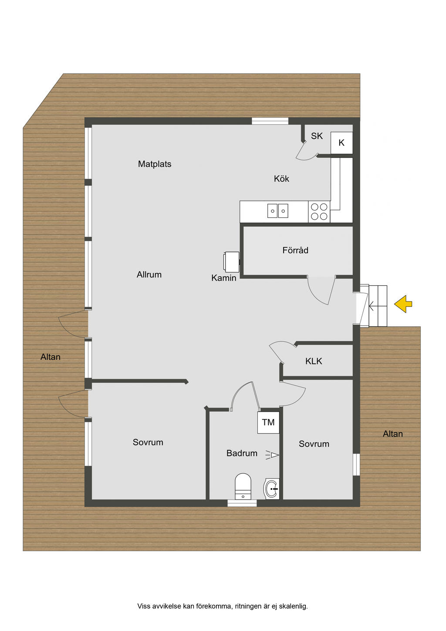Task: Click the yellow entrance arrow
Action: click(x=403, y=304)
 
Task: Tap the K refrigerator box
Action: click(x=341, y=143)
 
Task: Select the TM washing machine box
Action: click(x=268, y=422)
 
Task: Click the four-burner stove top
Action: click(x=319, y=211)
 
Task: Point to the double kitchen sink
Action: click(x=277, y=211)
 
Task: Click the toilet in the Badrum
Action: click(x=243, y=486)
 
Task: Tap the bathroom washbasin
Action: click(x=271, y=489)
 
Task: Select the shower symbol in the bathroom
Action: click(x=272, y=455)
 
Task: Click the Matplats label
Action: click(x=155, y=164)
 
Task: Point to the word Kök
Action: click(x=281, y=179)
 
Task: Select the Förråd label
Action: click(x=295, y=250)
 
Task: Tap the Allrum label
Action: click(x=149, y=275)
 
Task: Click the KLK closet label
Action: click(x=314, y=361)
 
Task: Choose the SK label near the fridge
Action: click(x=317, y=136)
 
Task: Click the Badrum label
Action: click(x=242, y=453)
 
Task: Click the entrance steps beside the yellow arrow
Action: click(x=378, y=306)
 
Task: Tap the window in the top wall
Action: click(x=270, y=121)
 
